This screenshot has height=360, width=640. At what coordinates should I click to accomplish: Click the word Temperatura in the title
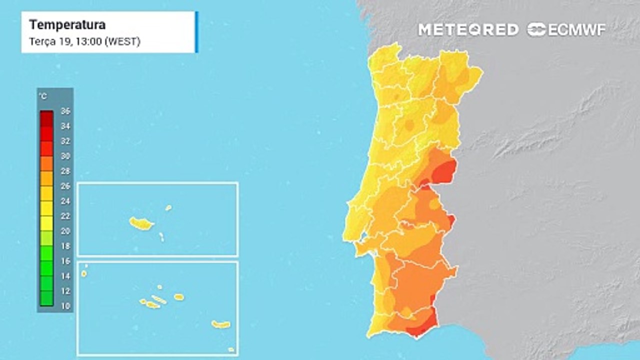coord(67,25)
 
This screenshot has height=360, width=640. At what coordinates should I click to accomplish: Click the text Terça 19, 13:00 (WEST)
coord(84,41)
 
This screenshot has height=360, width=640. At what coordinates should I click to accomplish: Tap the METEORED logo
coord(468,29)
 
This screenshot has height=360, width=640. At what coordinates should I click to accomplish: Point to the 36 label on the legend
coord(65,111)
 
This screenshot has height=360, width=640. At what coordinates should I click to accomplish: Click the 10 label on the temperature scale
coord(65,306)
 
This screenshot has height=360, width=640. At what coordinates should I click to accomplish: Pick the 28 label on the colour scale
coord(65,171)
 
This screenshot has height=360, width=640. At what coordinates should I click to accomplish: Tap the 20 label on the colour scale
coord(65,231)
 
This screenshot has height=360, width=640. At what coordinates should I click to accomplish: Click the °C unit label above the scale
coord(43,95)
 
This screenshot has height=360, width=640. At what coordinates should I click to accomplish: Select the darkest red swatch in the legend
coord(46,118)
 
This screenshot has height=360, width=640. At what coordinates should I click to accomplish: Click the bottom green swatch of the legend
coord(46,298)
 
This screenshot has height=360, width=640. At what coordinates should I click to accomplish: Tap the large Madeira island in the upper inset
coord(141,223)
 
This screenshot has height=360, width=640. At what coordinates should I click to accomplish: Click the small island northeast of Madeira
coord(168,207)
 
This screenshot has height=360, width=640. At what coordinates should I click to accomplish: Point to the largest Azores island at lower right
coord(220,324)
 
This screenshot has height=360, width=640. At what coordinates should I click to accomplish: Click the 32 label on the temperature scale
coord(65,141)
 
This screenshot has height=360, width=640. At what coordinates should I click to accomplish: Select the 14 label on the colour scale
coord(65,276)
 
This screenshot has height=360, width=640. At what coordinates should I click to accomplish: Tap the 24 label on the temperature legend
coord(65,201)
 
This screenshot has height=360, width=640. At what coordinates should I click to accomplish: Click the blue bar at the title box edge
coord(196,32)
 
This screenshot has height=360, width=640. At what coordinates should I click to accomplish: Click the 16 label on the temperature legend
coord(65,261)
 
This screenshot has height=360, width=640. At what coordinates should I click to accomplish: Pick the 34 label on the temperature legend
coord(65,126)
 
